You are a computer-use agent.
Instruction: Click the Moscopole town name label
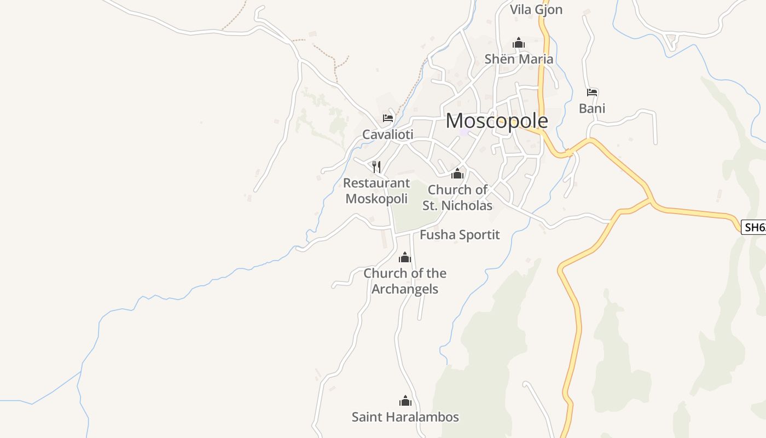tap(497, 121)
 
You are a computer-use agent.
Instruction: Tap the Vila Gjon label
tap(536, 10)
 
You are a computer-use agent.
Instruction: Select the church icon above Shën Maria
tap(518, 43)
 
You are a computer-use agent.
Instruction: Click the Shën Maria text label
tap(519, 59)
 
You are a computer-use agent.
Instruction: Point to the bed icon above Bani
tap(592, 92)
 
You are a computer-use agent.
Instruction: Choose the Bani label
tap(592, 108)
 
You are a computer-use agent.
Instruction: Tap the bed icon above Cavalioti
tap(388, 118)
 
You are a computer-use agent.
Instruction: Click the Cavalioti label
tap(387, 135)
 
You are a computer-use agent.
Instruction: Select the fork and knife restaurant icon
tap(376, 166)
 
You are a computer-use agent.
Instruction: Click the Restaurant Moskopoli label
tap(376, 191)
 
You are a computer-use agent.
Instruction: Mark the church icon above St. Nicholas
tap(457, 174)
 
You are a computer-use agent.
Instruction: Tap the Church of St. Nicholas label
tap(457, 198)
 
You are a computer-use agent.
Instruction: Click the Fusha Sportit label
tap(460, 235)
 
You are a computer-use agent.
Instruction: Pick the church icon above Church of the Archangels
tap(405, 257)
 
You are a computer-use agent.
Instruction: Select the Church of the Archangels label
tap(405, 281)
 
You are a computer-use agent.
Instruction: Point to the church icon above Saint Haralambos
tap(405, 401)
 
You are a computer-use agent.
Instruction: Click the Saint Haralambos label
tap(405, 417)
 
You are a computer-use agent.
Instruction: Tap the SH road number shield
tap(754, 227)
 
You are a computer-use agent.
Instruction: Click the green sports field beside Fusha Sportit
tap(413, 208)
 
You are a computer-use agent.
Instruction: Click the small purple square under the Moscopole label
tap(465, 132)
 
